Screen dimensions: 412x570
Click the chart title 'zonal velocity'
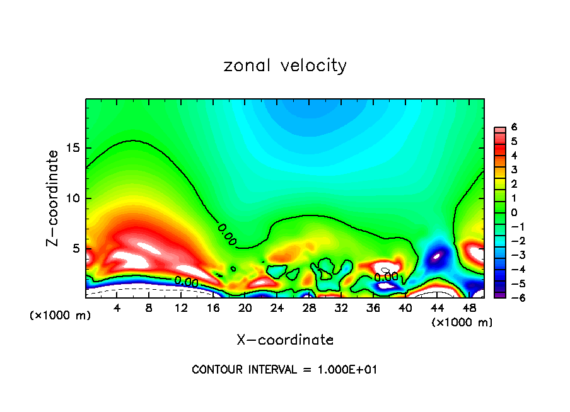click(x=285, y=66)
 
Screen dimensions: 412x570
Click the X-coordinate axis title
click(x=285, y=340)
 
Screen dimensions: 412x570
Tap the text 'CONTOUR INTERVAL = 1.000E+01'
click(x=284, y=370)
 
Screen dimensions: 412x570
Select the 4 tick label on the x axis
click(x=117, y=308)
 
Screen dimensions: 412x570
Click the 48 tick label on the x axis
click(x=468, y=308)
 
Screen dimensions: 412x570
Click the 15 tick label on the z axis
click(x=74, y=148)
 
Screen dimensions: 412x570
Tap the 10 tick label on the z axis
click(x=74, y=198)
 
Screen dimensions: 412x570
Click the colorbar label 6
click(x=514, y=127)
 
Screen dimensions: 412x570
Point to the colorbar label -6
click(x=512, y=298)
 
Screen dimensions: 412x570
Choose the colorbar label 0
click(x=514, y=212)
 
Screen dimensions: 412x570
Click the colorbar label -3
click(x=512, y=255)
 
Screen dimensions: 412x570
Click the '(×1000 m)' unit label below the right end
click(x=462, y=322)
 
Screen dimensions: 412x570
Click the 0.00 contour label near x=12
click(x=187, y=281)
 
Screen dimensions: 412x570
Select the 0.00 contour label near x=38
click(x=387, y=276)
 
